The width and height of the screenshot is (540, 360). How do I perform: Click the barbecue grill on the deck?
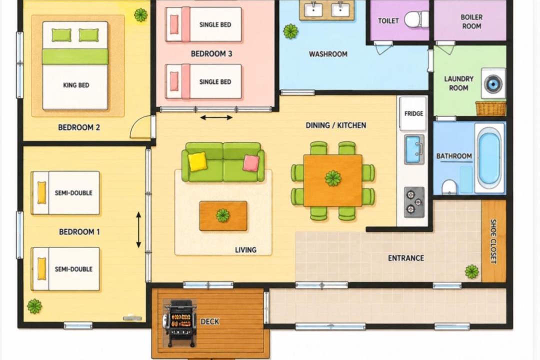coord(180,323)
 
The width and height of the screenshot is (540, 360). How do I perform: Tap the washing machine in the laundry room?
coord(493,83)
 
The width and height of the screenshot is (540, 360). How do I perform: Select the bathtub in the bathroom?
coord(489,158)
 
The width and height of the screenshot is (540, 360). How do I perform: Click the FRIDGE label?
coord(413,113)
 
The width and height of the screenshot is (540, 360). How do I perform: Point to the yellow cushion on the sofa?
coord(197,161)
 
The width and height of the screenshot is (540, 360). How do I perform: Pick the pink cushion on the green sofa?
coord(251,163)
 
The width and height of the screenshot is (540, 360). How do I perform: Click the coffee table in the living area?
coord(223,216)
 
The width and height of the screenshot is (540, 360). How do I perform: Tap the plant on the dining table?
coord(332,178)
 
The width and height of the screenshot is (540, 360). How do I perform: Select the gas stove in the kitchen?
coord(414,202)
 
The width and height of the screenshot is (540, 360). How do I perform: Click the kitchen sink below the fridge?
coord(414,149)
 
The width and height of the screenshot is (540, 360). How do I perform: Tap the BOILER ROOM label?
coord(471,21)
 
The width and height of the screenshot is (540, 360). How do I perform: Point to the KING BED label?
coord(76,85)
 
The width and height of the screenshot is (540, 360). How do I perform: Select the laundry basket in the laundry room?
coord(491,108)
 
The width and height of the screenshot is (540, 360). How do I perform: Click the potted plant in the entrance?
coord(471,272)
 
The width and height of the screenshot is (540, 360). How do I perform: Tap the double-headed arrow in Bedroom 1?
coord(138,230)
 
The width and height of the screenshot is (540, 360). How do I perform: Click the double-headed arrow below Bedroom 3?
coord(216,118)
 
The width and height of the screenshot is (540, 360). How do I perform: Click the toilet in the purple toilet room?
coord(416,19)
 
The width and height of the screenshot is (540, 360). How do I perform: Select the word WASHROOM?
coord(328,54)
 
